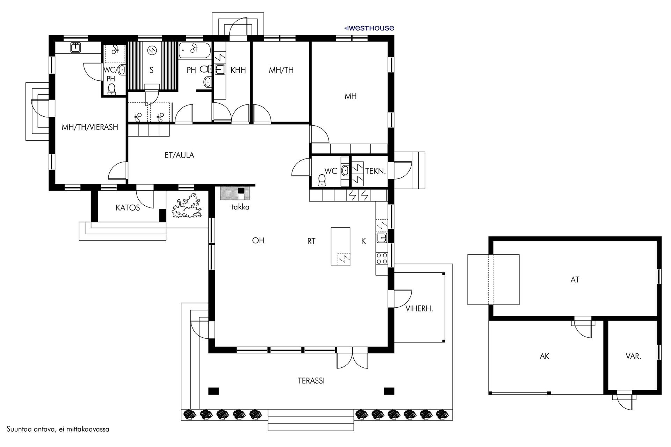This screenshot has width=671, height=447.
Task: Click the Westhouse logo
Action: tap(369, 28)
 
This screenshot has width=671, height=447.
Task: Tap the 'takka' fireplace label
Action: tap(240, 207)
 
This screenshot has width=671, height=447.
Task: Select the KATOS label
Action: tap(128, 208)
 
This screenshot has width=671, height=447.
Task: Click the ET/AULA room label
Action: tap(179, 155)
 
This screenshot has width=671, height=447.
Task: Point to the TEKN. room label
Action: tap(375, 171)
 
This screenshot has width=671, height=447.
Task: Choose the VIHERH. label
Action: tap(419, 309)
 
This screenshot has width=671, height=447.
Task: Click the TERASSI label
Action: tap(311, 381)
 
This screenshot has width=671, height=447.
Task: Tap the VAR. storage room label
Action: tap(633, 357)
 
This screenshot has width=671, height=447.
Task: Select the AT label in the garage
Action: tap(575, 280)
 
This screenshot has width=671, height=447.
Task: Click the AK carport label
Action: tap(545, 357)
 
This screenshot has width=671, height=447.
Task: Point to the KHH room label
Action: tap(238, 70)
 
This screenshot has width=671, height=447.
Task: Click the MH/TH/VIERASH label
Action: tap(90, 127)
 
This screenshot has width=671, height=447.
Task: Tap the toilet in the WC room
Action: tap(322, 179)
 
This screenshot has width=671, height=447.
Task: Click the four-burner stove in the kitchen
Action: tap(381, 258)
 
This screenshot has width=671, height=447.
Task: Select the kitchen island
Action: tap(340, 247)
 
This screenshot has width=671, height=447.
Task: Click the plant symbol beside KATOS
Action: tap(187, 207)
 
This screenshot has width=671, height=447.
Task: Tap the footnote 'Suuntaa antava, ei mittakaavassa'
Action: tap(58, 429)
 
